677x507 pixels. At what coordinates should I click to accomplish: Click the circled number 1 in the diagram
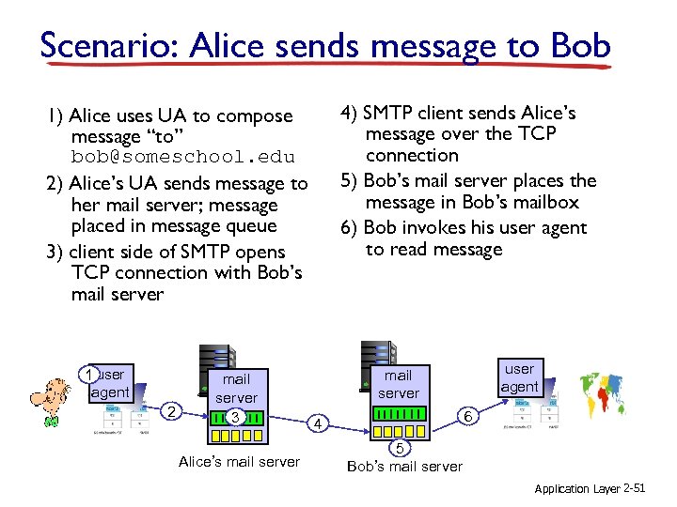(88, 376)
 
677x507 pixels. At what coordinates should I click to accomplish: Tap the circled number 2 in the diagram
(170, 411)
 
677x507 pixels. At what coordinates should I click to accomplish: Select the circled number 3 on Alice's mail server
(236, 417)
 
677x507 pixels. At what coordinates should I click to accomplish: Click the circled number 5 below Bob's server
(400, 447)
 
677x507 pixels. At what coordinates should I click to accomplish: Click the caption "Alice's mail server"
(239, 461)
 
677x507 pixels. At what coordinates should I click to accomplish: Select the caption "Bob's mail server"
(404, 467)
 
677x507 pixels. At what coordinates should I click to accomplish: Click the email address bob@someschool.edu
(182, 157)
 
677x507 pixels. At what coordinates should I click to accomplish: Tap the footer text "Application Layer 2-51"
(595, 489)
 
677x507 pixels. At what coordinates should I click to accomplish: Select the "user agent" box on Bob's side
(519, 377)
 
